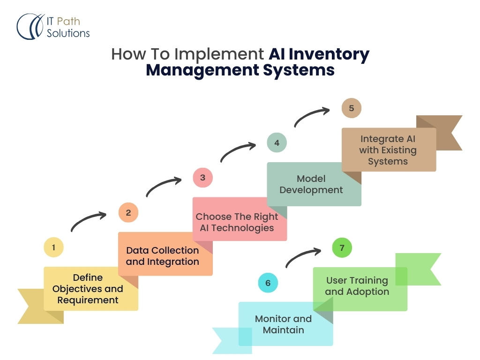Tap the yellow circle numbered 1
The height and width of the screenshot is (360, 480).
point(53,247)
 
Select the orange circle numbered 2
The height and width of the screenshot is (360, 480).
point(128,212)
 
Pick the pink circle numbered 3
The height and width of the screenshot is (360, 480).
point(202,178)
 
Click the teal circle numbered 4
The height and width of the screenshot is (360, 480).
point(277,142)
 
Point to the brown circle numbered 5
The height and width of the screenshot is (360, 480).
point(351,108)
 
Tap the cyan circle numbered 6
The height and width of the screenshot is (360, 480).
point(268,283)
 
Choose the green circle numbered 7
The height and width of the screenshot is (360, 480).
point(342,248)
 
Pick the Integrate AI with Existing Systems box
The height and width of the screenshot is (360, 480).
point(389,150)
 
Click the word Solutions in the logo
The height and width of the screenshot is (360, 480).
point(68,33)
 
